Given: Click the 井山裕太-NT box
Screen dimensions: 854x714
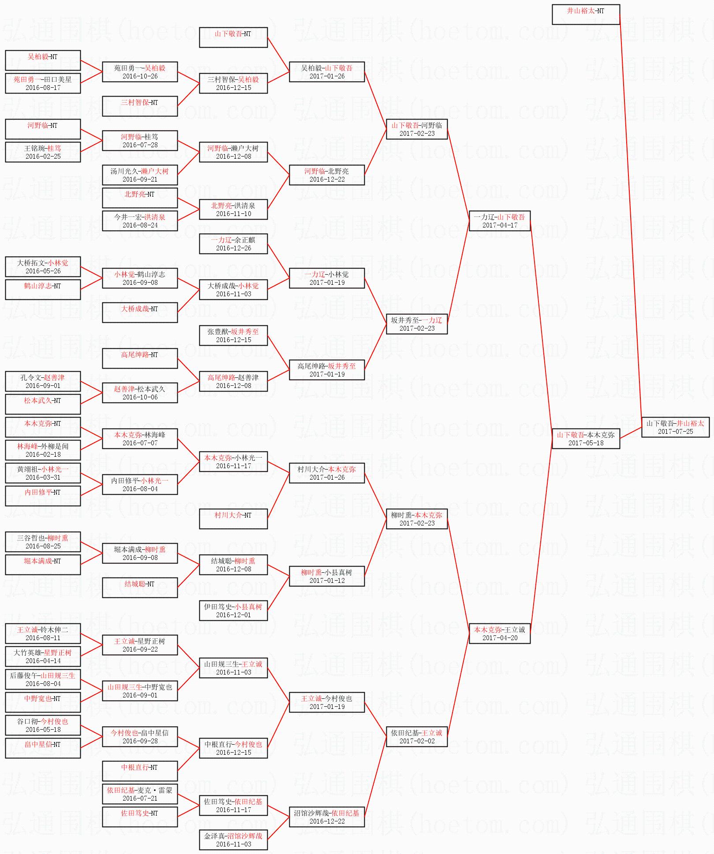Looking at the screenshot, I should click(x=586, y=15).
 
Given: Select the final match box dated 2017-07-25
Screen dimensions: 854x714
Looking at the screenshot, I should click(x=675, y=427).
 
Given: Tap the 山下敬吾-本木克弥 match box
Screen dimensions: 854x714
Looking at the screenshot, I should click(x=586, y=438).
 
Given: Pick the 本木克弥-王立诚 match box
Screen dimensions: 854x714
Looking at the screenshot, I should click(x=500, y=633).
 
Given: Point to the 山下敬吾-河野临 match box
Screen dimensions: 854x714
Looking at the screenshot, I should click(x=417, y=129).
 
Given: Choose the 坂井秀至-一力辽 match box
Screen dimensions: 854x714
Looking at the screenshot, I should click(x=417, y=324).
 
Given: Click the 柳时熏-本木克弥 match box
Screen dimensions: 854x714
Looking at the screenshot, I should click(x=417, y=518).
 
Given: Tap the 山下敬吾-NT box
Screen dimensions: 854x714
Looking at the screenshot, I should click(x=233, y=37).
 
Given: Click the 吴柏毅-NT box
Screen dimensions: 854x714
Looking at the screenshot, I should click(x=43, y=60).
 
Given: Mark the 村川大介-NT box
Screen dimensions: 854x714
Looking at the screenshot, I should click(x=233, y=518).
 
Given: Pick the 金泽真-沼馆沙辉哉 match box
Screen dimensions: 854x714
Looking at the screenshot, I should click(x=233, y=839).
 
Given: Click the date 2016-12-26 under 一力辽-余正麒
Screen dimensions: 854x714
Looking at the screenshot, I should click(x=233, y=248).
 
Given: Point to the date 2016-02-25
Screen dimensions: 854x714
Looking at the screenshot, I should click(x=43, y=157).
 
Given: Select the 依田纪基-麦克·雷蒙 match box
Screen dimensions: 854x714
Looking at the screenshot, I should click(x=140, y=794).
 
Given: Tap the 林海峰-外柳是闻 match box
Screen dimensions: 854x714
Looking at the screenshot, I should click(x=43, y=450).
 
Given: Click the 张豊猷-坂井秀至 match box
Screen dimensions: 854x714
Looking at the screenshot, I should click(x=233, y=335).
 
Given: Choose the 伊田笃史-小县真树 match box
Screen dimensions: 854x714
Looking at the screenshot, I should click(x=233, y=610).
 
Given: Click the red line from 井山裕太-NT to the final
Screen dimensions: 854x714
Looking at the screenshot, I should click(x=631, y=220).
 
